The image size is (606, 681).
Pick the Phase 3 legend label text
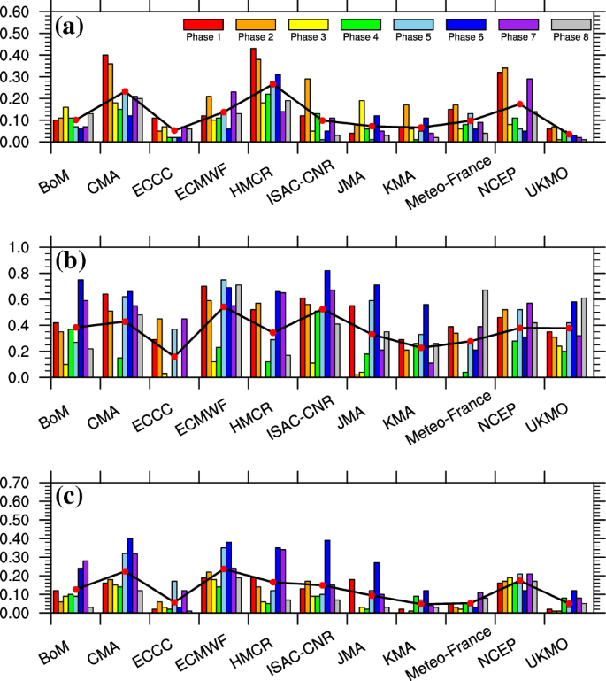[308, 37]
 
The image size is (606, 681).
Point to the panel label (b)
[71, 262]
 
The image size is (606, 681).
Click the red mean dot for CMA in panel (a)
[125, 92]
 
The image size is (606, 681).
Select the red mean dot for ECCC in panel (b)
[174, 357]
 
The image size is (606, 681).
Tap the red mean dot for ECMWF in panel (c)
[224, 569]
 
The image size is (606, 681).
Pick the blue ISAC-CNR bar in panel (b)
[326, 323]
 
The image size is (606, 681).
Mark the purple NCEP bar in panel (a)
[529, 110]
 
